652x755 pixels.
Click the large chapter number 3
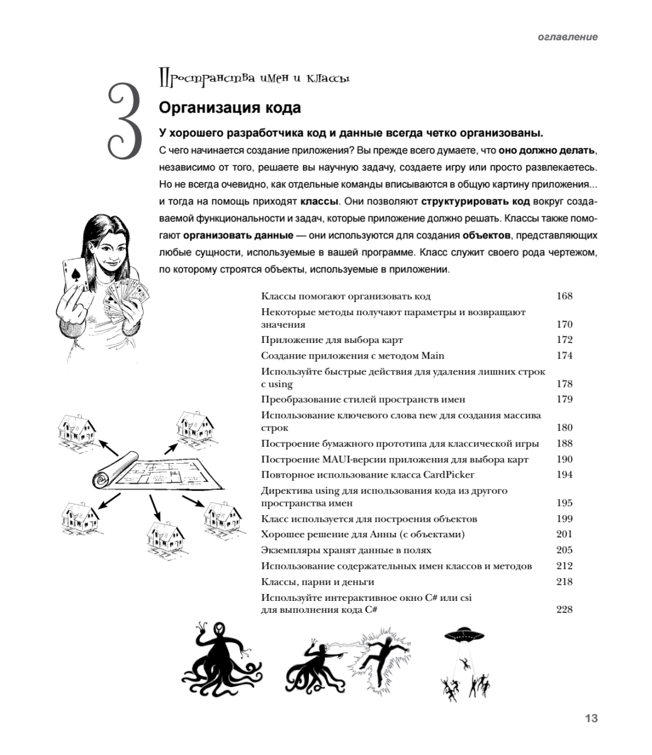tap(125, 121)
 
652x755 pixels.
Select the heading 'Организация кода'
tap(230, 108)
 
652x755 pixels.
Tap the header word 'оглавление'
tap(568, 37)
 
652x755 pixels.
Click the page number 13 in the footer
tap(590, 718)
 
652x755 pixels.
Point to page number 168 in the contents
tap(565, 296)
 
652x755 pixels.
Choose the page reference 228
tap(565, 610)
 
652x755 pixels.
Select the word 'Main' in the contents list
tap(432, 355)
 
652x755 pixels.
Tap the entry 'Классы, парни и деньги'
tap(317, 581)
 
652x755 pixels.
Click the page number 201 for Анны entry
tap(565, 534)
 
